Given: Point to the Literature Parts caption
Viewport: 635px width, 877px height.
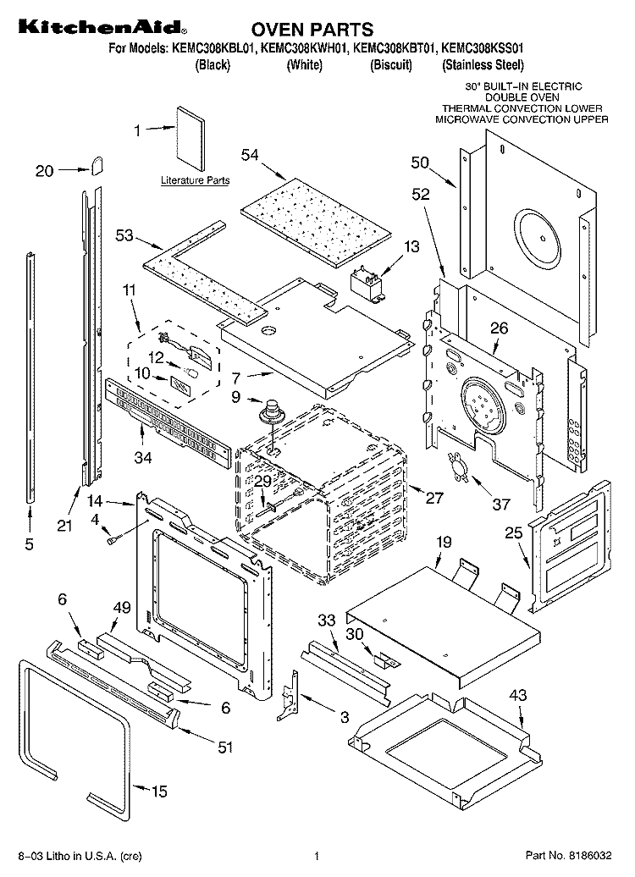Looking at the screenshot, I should point(195,181).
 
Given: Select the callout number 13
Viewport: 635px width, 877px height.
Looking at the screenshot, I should point(411,247).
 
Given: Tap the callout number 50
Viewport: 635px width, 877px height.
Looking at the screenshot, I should point(421,163).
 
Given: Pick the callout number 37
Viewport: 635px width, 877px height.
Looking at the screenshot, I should point(501,505).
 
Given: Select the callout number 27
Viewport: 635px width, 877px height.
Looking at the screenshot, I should point(433,499).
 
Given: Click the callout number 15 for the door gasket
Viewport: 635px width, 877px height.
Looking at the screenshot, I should point(158,792).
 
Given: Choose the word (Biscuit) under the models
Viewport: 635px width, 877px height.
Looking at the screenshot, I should point(391,65).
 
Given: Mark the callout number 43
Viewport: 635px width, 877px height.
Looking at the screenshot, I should point(517,695).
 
